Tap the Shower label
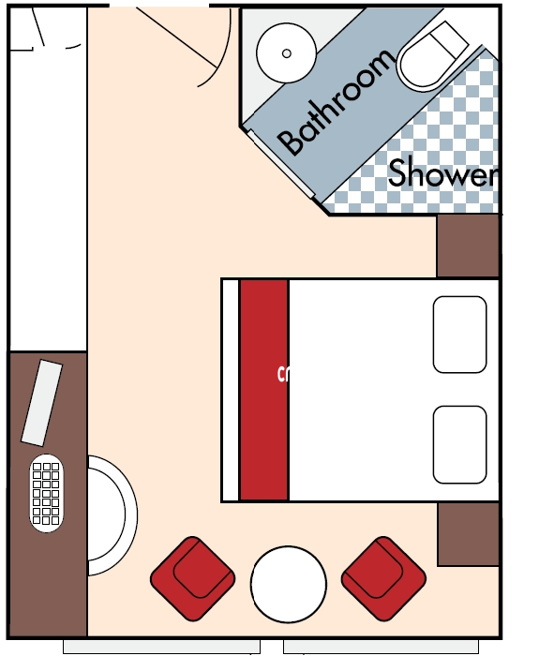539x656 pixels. click(441, 172)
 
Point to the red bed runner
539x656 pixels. click(263, 389)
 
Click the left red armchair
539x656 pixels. click(192, 577)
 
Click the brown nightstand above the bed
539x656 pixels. click(468, 246)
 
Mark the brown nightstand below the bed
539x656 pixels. click(468, 533)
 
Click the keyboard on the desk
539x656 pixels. click(47, 494)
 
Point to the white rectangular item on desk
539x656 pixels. click(41, 403)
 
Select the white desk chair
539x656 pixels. click(111, 515)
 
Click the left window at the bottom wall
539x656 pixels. click(161, 647)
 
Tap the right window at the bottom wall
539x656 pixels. click(381, 647)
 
